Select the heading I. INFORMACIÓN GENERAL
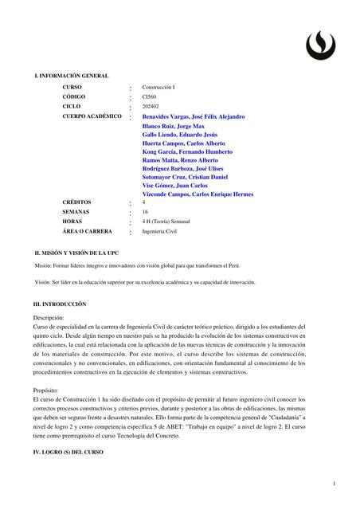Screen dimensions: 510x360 pyautogui.click(x=71, y=75)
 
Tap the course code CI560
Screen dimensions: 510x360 pyautogui.click(x=151, y=96)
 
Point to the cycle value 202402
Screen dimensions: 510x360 pyautogui.click(x=151, y=106)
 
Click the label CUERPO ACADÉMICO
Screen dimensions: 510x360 pyautogui.click(x=92, y=116)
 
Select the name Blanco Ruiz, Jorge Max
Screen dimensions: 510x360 pyautogui.click(x=173, y=127)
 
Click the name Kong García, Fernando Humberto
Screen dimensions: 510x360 pyautogui.click(x=187, y=151)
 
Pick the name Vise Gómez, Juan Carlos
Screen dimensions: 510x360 pyautogui.click(x=174, y=186)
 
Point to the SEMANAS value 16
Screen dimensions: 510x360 pyautogui.click(x=145, y=212)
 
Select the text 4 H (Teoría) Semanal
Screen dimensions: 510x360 pyautogui.click(x=167, y=222)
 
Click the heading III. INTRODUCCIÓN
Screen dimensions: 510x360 pyautogui.click(x=60, y=304)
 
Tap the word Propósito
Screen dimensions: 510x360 pyautogui.click(x=46, y=390)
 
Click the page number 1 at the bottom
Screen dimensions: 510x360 pyautogui.click(x=335, y=484)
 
